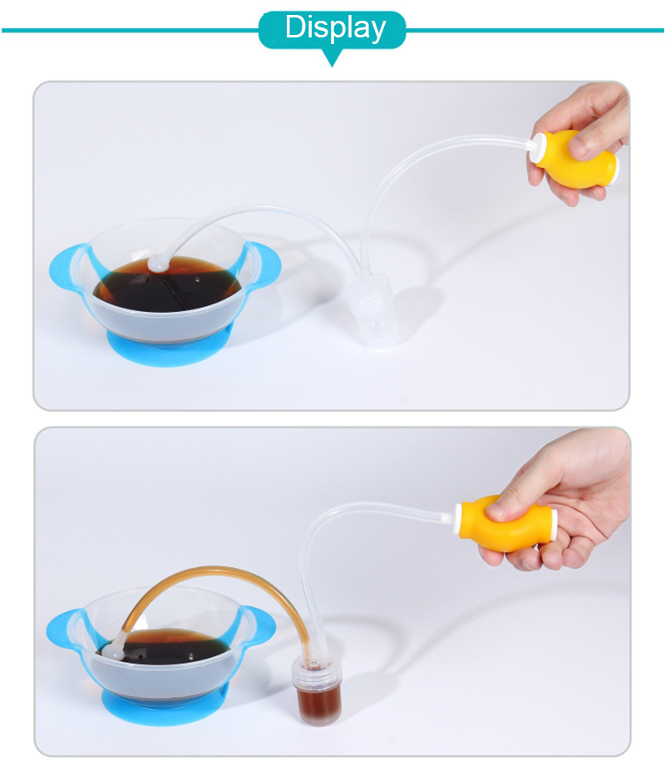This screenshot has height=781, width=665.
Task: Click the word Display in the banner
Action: [x=335, y=27]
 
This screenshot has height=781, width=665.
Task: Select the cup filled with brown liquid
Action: [x=318, y=689]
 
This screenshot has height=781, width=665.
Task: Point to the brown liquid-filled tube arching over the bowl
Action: [x=214, y=571]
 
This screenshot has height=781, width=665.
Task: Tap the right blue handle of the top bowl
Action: [x=263, y=265]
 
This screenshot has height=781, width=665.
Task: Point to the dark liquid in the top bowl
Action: [x=168, y=284]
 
